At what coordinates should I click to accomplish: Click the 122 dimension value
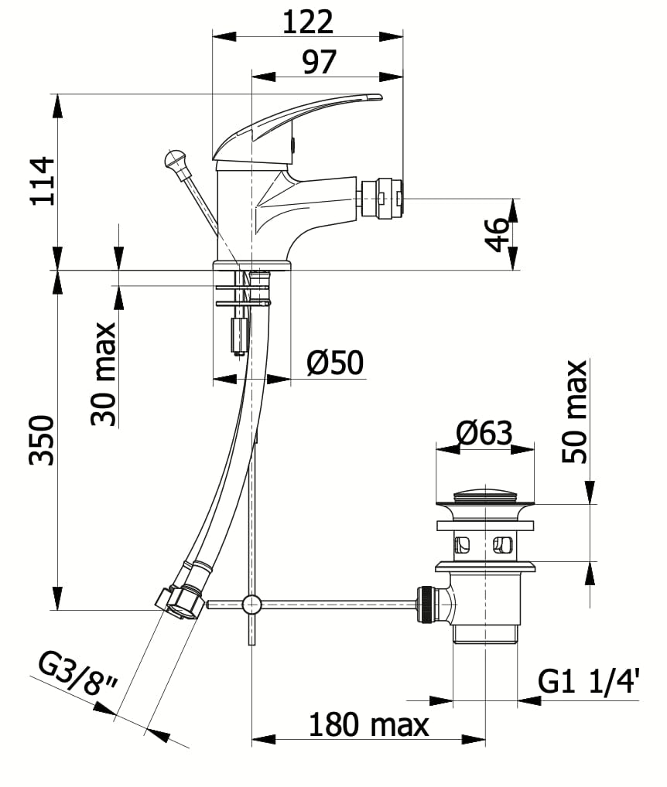pos(307,22)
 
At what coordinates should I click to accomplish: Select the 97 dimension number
pos(319,61)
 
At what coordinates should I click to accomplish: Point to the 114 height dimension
pos(43,180)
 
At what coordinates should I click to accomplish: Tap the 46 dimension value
pos(498,234)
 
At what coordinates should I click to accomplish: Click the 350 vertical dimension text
pos(43,440)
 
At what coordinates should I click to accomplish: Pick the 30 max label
pos(104,374)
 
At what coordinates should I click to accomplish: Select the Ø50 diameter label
pos(334,363)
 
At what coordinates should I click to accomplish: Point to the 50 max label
pos(575,412)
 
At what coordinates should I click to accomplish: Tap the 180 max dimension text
pos(368,725)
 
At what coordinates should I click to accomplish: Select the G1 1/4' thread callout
pos(589,682)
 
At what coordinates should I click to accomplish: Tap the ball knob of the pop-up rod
pos(175,161)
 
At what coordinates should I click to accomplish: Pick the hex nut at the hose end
pos(181,601)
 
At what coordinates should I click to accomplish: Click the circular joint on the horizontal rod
pos(251,604)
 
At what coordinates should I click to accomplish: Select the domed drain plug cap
pos(485,495)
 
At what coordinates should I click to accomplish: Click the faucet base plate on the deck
pos(251,265)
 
